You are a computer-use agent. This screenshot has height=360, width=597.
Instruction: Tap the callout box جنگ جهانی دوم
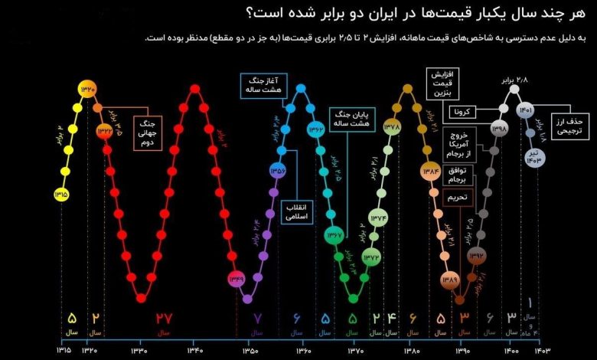coord(148,133)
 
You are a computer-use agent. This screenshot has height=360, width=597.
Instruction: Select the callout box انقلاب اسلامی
coord(296,212)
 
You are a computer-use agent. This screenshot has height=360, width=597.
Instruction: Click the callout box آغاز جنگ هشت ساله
coord(260,84)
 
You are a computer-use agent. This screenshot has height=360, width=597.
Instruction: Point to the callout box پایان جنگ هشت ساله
coord(351,118)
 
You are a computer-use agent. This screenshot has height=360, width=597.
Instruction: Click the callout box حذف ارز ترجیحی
coord(568,126)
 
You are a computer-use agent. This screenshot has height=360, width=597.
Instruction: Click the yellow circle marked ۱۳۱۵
coord(61,195)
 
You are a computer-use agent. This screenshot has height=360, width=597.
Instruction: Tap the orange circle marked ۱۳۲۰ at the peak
coord(87,90)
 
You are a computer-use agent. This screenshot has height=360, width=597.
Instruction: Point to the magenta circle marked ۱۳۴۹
coord(236,280)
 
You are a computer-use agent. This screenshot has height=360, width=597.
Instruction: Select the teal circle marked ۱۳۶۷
coord(334,235)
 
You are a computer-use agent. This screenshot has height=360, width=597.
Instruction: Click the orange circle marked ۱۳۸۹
coord(449,280)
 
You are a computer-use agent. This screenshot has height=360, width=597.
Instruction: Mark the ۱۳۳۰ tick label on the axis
coord(139,351)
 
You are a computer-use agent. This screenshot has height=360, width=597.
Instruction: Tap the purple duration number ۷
coord(257,318)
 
